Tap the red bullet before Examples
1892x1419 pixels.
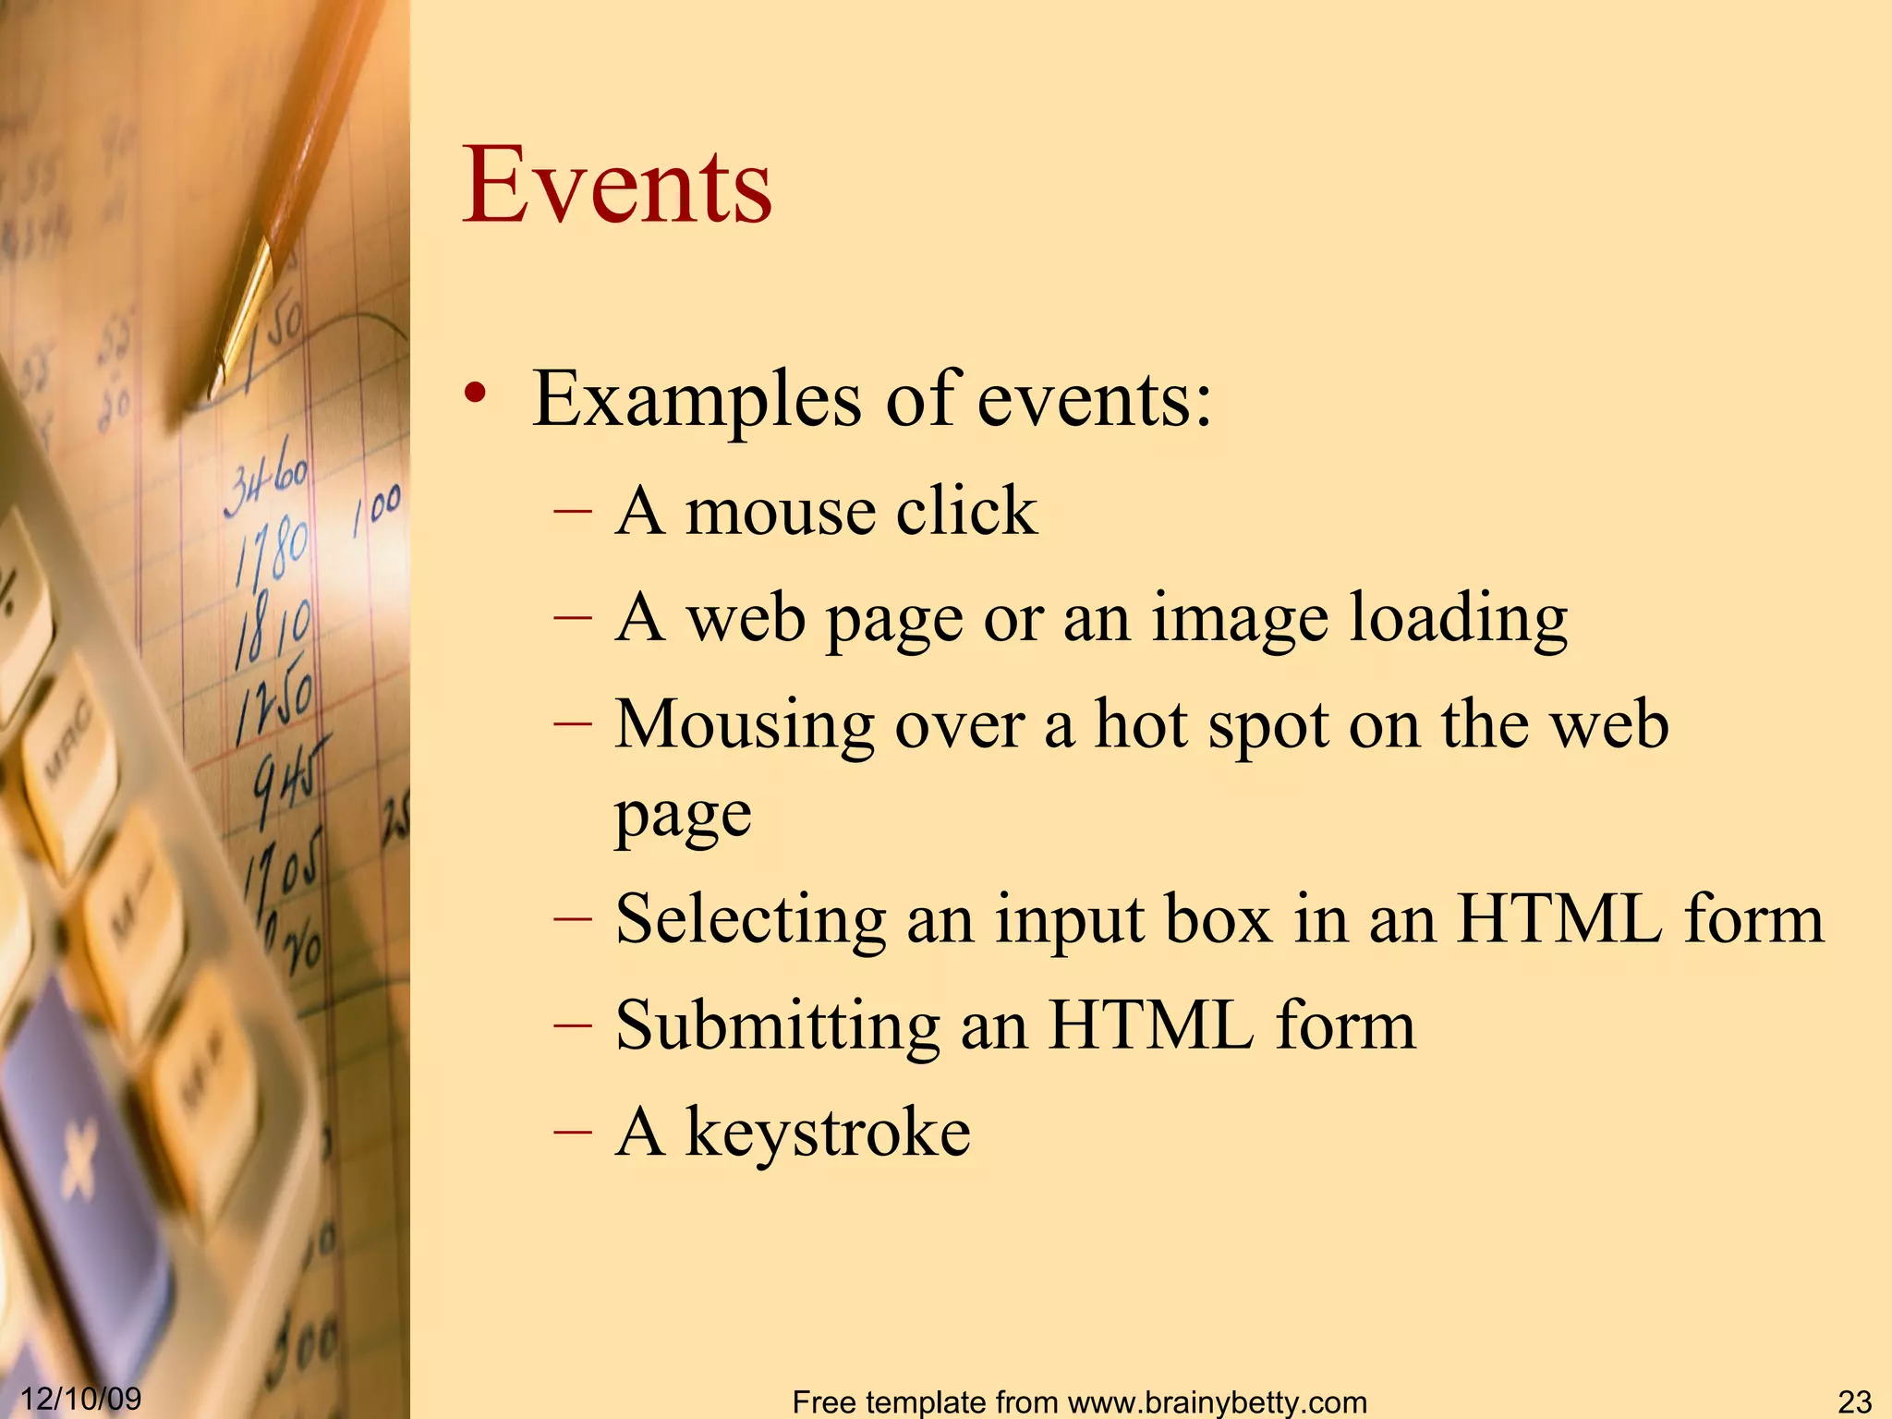pyautogui.click(x=475, y=393)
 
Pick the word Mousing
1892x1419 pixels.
pyautogui.click(x=745, y=725)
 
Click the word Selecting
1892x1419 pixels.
pyautogui.click(x=750, y=921)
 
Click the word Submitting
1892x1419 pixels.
pyautogui.click(x=777, y=1027)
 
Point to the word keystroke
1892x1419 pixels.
pyautogui.click(x=828, y=1133)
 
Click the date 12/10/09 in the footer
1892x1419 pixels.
pyautogui.click(x=81, y=1398)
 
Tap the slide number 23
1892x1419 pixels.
pyautogui.click(x=1854, y=1401)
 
